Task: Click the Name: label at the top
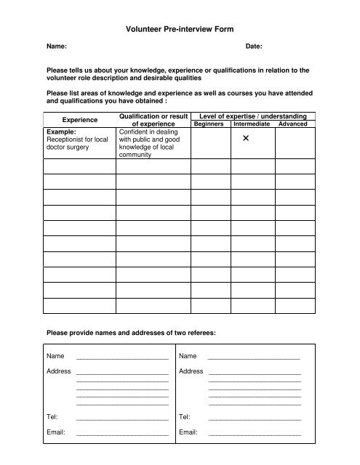point(57,46)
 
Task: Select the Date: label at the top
point(254,46)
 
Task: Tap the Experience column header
point(80,120)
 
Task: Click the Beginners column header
point(209,124)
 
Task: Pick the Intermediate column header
point(252,124)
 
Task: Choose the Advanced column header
point(294,124)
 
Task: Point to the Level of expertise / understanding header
point(252,116)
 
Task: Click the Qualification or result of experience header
point(153,120)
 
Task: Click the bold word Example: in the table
point(61,132)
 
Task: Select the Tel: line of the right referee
point(255,418)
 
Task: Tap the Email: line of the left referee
point(122,433)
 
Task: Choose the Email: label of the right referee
point(189,432)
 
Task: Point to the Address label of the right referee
point(191,371)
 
